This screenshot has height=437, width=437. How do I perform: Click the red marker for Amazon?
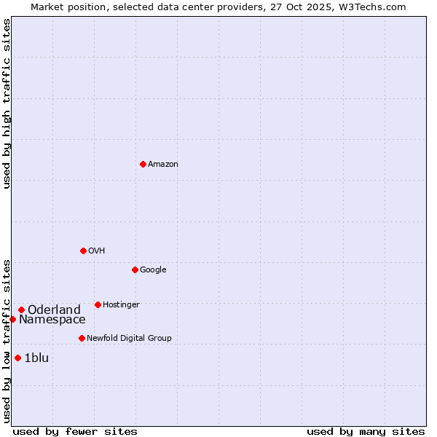coord(143,164)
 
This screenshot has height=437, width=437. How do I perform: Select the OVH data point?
coord(83,251)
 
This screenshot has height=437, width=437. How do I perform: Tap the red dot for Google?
coord(135,269)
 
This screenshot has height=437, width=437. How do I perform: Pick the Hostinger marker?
coord(98,304)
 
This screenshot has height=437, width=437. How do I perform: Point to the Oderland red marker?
coord(22,310)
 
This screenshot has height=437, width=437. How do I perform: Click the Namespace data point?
coord(12,319)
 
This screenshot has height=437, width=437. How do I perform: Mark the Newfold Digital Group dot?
coord(82,338)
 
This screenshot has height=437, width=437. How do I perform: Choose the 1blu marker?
coord(18,358)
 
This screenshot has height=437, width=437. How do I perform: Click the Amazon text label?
coord(163,165)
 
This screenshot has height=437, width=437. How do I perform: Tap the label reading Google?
coord(153,270)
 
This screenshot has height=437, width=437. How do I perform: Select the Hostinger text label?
coord(121,305)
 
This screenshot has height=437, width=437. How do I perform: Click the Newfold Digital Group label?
coord(129,339)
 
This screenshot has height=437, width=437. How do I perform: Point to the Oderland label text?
coord(54,310)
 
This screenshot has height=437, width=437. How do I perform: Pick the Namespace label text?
coord(52,320)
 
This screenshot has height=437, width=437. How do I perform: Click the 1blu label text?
coord(36,358)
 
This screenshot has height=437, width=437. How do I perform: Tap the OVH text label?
coord(97,251)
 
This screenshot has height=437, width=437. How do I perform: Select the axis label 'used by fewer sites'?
coord(74,431)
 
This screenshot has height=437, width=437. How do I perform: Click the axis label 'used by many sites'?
coord(366,431)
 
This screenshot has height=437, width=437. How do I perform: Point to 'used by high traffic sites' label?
coord(7,103)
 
